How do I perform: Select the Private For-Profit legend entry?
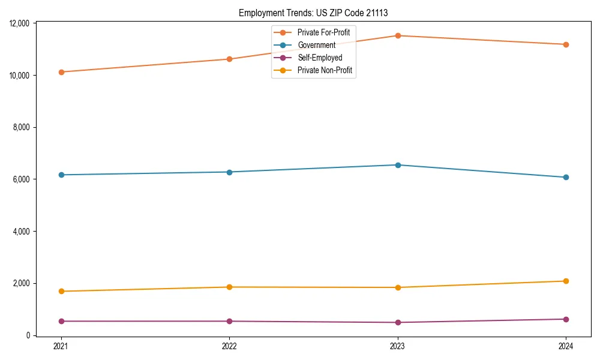click(323, 32)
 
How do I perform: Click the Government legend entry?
click(316, 45)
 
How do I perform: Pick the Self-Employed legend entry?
click(320, 58)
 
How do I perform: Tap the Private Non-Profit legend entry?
click(325, 71)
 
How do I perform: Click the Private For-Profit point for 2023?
click(398, 35)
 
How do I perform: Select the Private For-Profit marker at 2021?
click(61, 72)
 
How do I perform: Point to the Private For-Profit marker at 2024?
click(566, 44)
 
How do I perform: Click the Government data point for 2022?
click(229, 172)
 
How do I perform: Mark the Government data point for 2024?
click(566, 178)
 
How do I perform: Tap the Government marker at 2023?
click(398, 165)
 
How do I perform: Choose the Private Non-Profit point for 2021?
click(61, 292)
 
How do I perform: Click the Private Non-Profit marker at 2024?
click(566, 281)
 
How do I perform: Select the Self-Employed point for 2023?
click(398, 323)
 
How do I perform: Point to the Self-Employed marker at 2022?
click(229, 322)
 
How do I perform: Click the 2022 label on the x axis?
click(229, 346)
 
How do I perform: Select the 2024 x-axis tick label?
click(566, 346)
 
